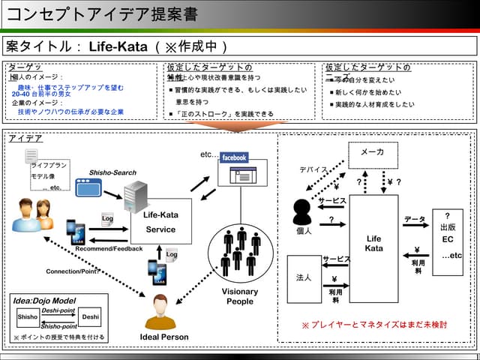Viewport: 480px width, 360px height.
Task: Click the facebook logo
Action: [234, 157]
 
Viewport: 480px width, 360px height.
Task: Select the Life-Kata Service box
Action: [160, 221]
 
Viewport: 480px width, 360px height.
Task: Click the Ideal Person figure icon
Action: [159, 312]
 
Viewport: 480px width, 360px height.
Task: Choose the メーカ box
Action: [373, 152]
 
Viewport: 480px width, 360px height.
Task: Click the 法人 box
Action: [304, 278]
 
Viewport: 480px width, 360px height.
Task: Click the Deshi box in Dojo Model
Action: [90, 317]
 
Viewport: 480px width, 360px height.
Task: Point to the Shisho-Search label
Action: [112, 172]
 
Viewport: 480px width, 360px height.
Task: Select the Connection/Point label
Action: [73, 271]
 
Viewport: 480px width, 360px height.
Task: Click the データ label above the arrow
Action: [415, 219]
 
